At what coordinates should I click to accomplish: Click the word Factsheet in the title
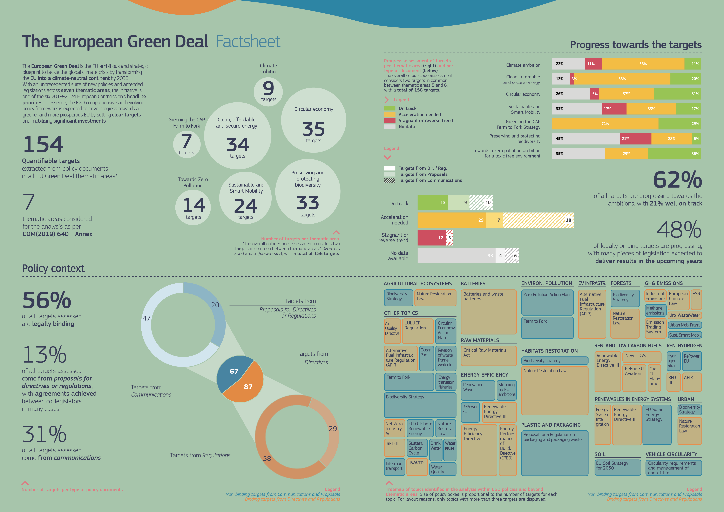click(x=248, y=42)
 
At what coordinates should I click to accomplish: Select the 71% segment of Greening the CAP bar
click(x=605, y=124)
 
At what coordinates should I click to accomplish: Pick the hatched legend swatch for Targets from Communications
click(x=389, y=180)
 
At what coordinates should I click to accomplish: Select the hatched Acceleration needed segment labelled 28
click(x=538, y=220)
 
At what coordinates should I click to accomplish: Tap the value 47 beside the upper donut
click(x=146, y=318)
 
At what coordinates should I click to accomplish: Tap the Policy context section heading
click(x=53, y=268)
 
